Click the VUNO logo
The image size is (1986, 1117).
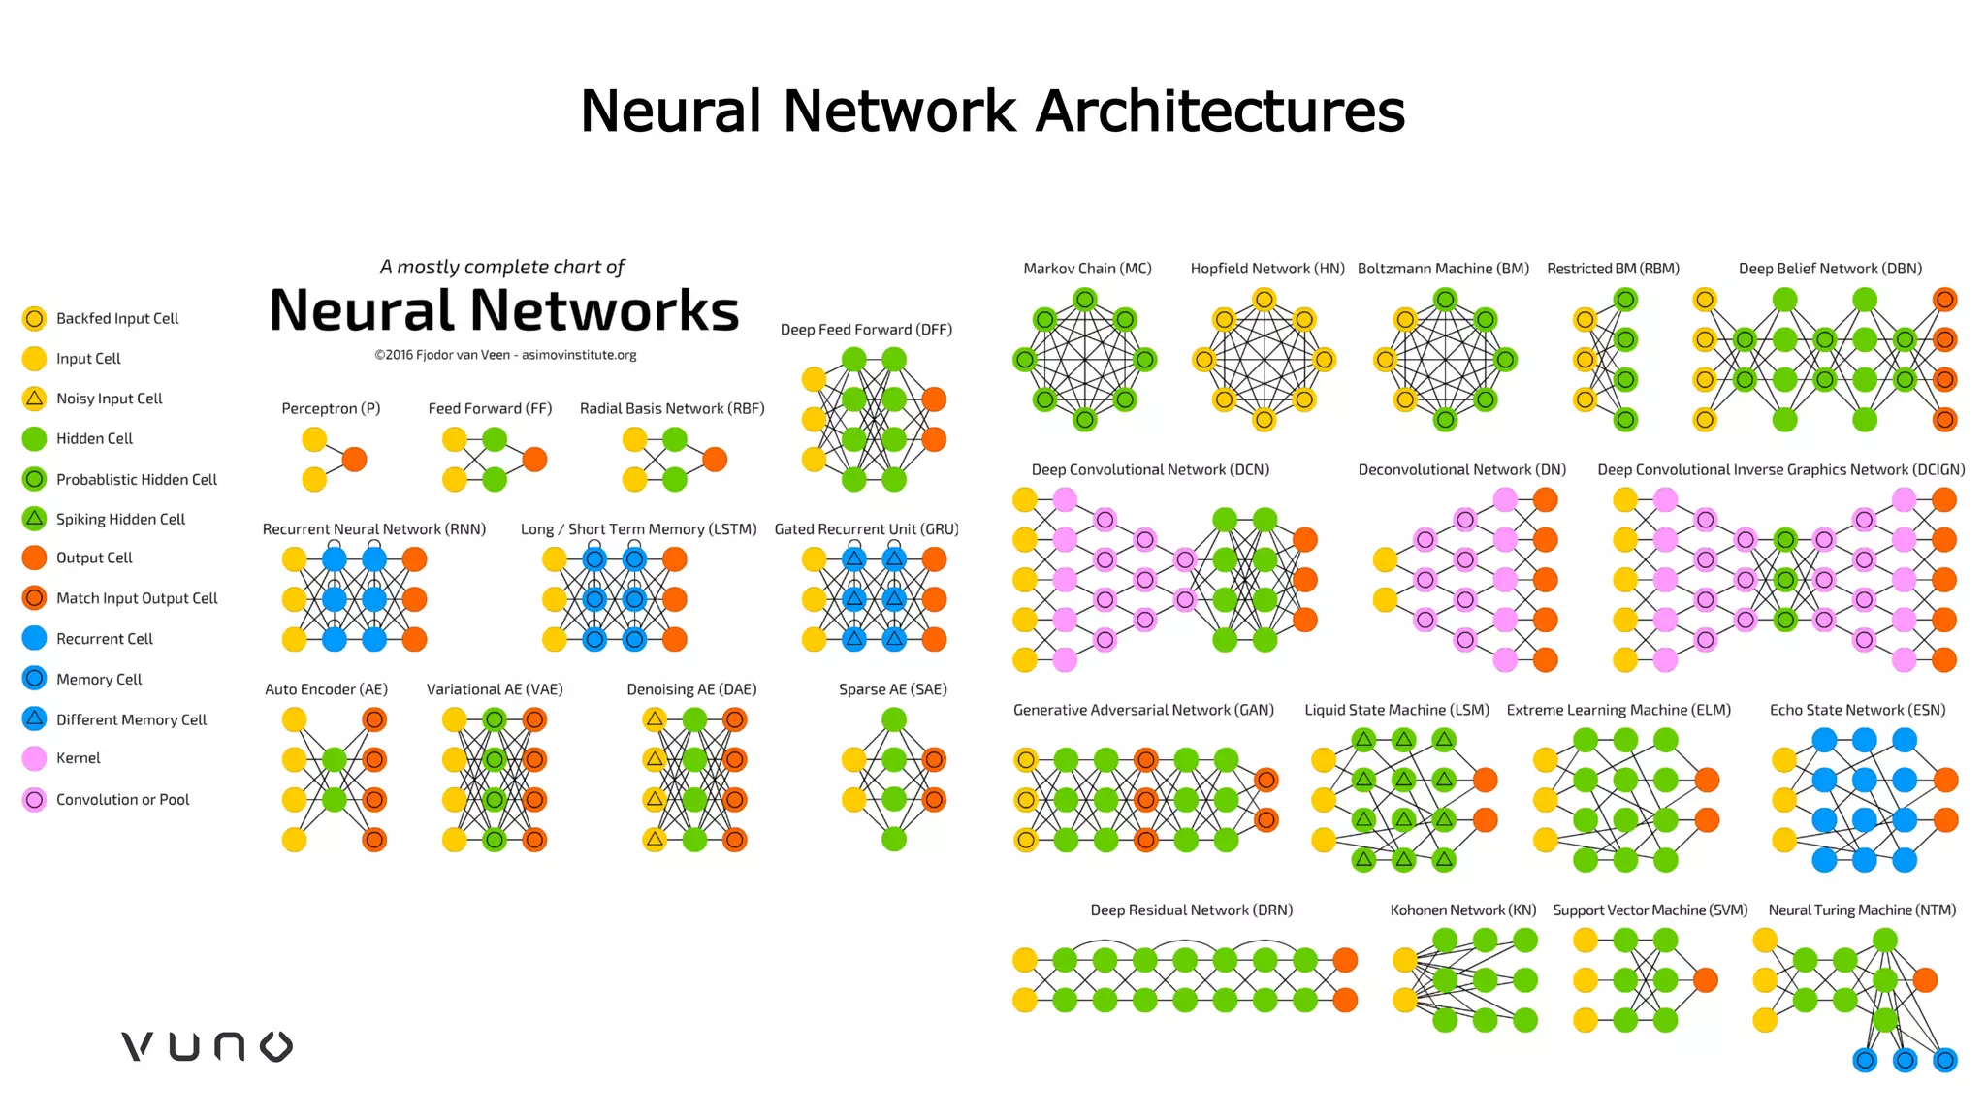[207, 1046]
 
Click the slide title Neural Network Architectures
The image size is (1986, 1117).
[992, 111]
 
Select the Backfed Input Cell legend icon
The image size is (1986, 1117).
[34, 318]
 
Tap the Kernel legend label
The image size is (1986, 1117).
[78, 758]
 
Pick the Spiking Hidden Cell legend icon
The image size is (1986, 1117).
[34, 519]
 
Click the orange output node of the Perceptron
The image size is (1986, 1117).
[355, 459]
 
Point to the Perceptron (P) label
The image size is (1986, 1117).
[331, 408]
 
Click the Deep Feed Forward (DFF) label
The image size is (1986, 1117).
[866, 330]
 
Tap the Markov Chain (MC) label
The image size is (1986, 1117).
[1087, 269]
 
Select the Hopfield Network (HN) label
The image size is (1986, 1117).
[1266, 269]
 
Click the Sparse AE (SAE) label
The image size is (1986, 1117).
[892, 689]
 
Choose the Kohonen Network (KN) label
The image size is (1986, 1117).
[1462, 910]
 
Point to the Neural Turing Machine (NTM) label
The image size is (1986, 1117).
[1861, 910]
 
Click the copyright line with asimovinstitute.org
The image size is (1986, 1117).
[505, 355]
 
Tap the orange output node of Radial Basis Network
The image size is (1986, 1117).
[715, 459]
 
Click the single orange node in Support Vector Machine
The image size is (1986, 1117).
[1706, 980]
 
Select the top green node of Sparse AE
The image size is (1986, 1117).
[893, 719]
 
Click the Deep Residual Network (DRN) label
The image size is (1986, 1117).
[1191, 910]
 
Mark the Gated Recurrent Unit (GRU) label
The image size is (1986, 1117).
[866, 529]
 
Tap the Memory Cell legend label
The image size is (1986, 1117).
[99, 679]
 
